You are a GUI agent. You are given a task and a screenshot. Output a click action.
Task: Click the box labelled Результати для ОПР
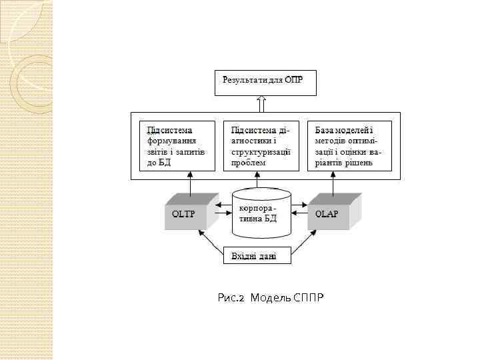[263, 83]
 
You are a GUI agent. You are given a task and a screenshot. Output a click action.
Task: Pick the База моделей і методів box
[349, 146]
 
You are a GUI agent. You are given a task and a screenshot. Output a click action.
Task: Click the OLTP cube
[189, 213]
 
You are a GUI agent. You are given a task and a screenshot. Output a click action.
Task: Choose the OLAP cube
[331, 213]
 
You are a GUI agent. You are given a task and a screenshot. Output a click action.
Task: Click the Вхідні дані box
[257, 256]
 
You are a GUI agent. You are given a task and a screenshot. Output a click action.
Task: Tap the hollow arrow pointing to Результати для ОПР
[262, 104]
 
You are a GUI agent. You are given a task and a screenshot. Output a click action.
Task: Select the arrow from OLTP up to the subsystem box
[191, 183]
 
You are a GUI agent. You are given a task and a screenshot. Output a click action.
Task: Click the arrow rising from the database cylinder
[258, 180]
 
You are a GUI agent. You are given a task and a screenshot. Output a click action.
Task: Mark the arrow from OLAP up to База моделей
[333, 183]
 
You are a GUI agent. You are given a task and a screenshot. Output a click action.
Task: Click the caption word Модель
[271, 297]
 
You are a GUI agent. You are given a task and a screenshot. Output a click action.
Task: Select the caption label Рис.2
[233, 297]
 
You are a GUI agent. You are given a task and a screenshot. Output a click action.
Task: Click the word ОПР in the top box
[293, 81]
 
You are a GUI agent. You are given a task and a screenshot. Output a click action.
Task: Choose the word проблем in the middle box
[245, 162]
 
